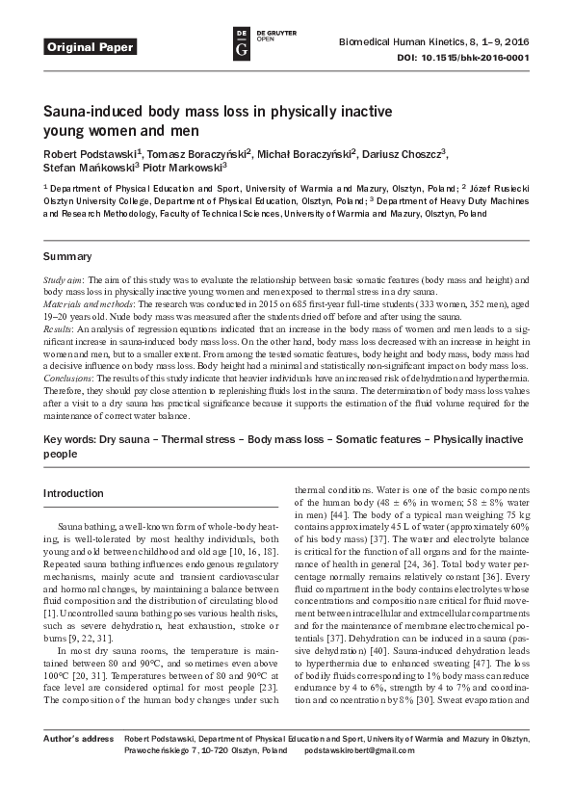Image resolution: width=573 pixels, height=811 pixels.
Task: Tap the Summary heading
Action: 67,257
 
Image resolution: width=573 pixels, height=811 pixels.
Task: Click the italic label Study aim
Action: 64,278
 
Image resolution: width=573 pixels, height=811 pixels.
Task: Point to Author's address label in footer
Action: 77,764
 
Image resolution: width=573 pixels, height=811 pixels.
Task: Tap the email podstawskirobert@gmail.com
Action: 359,776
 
